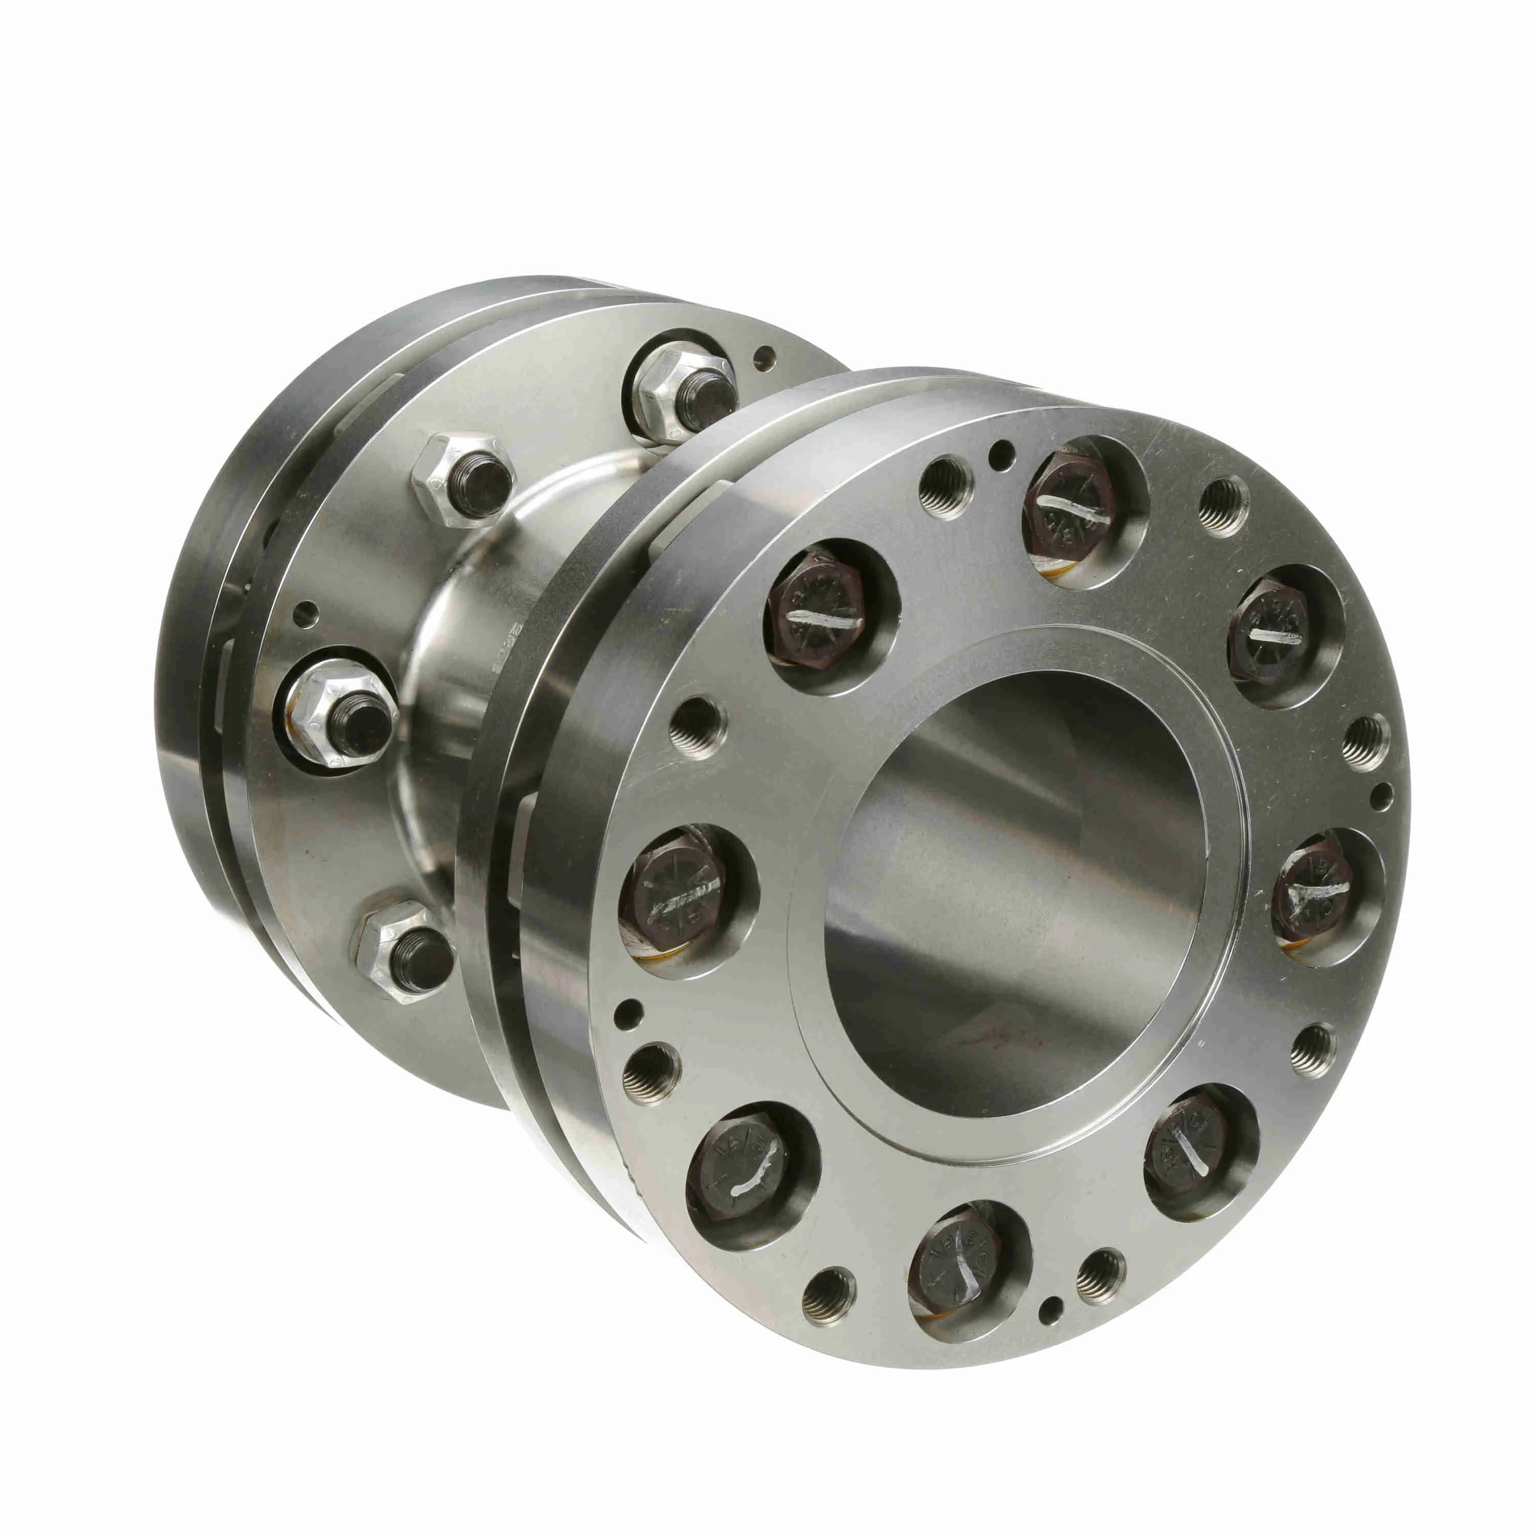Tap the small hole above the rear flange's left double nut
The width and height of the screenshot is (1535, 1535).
[306, 614]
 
